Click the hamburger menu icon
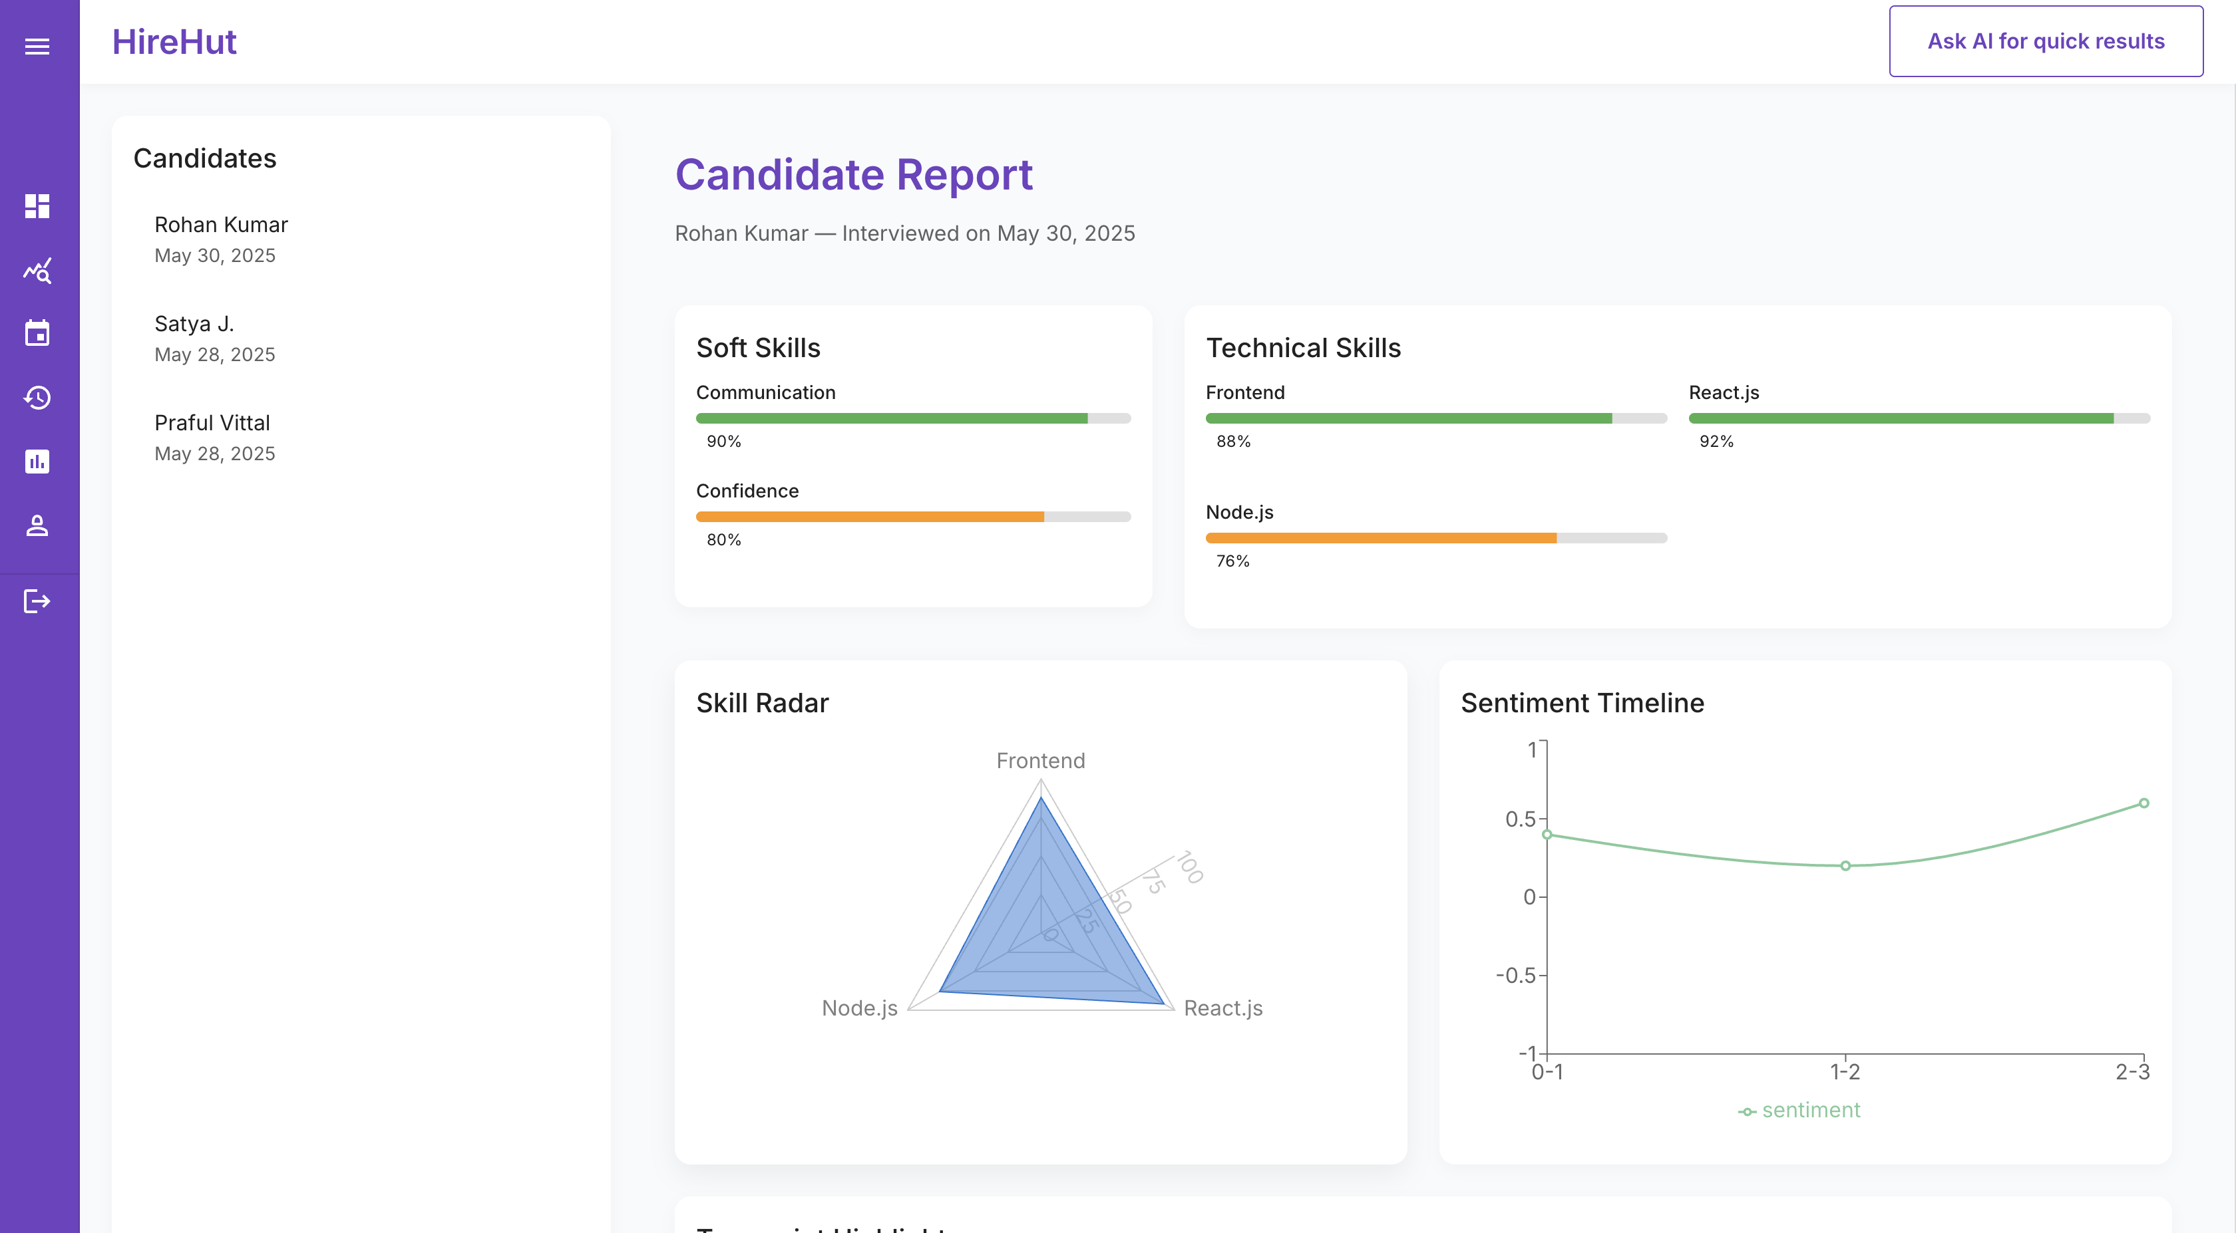[x=37, y=46]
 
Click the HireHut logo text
[x=174, y=42]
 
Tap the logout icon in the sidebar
[x=37, y=601]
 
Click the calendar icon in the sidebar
[x=37, y=333]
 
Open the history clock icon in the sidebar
[x=37, y=398]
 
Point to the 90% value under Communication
[x=723, y=441]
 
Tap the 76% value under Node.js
[x=1232, y=561]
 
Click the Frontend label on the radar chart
[x=1040, y=760]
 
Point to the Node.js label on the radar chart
[x=859, y=1008]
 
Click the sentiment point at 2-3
[x=2143, y=803]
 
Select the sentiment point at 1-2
[x=1845, y=865]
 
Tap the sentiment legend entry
[x=1799, y=1110]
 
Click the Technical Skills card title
[x=1303, y=347]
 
